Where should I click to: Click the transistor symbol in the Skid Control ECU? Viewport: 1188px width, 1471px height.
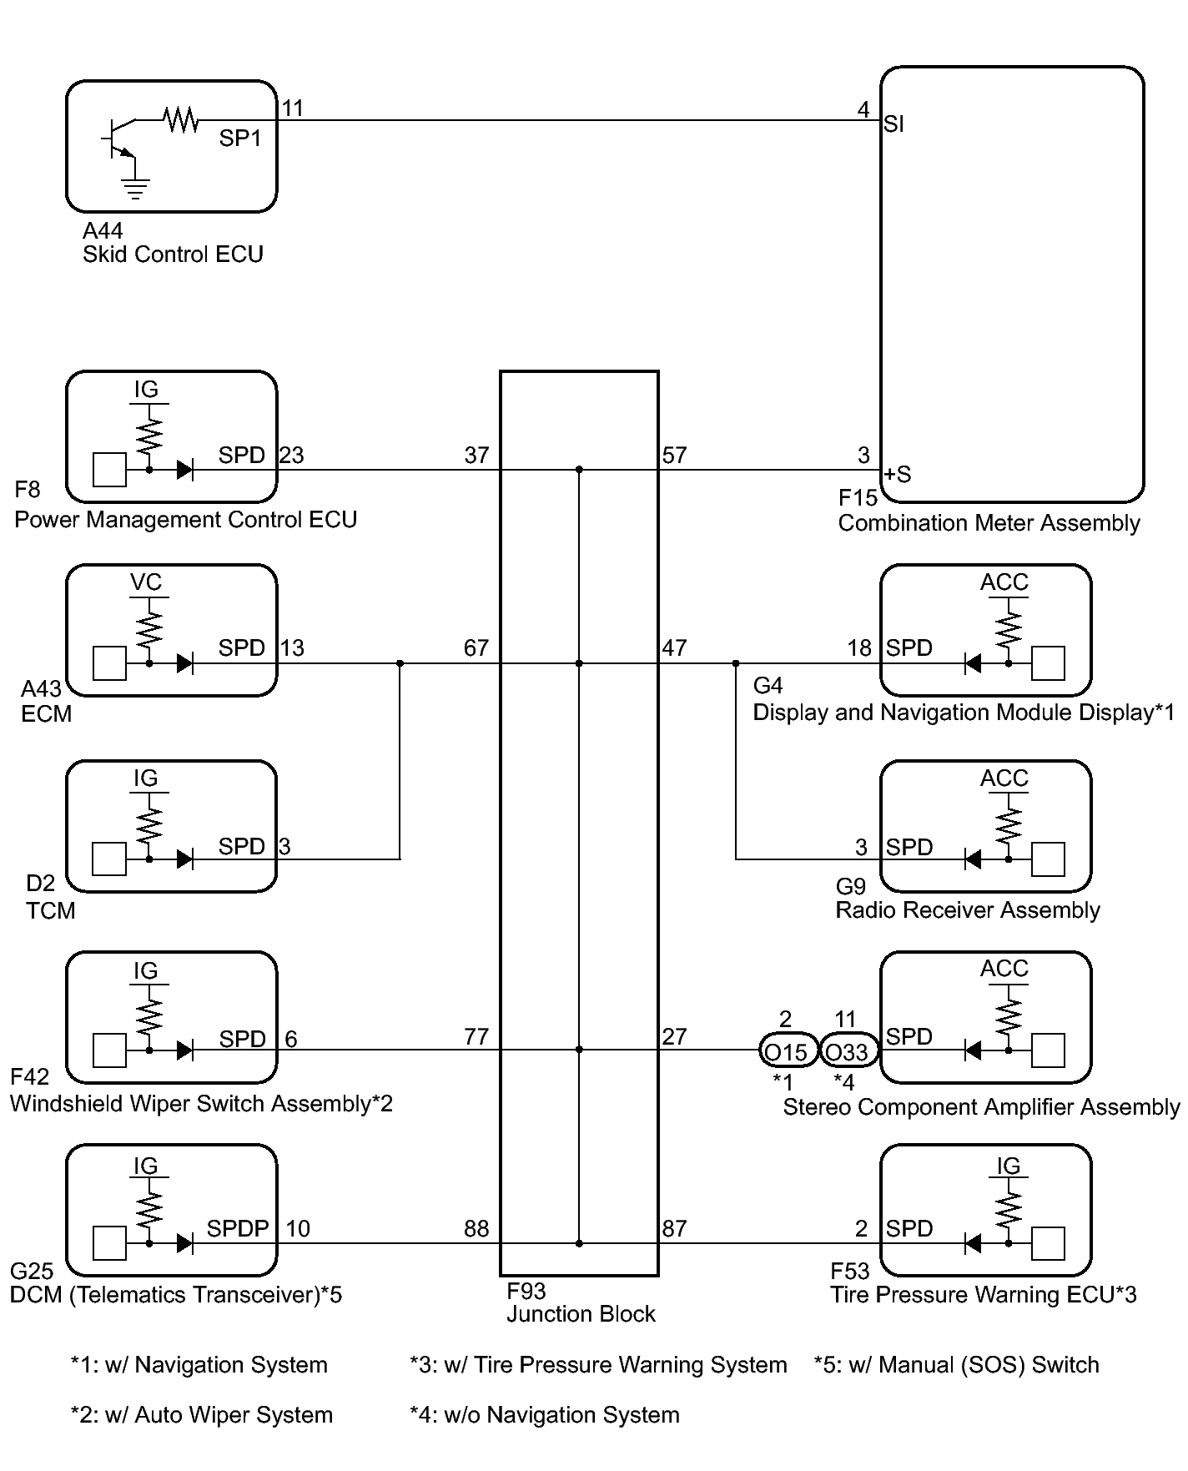[119, 138]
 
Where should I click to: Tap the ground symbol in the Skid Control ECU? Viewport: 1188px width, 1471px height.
[134, 189]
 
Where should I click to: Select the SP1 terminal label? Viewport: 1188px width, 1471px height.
[240, 139]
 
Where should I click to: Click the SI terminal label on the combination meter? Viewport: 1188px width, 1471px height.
[894, 124]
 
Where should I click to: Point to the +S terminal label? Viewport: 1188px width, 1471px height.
[898, 475]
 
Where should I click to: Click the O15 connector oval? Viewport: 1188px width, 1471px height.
[787, 1051]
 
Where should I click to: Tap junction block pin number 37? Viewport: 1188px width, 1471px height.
[476, 456]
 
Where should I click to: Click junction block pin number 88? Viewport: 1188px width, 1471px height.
[476, 1229]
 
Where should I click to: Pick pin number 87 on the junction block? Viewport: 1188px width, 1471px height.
[674, 1229]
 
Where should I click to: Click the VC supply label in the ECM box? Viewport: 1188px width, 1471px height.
[146, 582]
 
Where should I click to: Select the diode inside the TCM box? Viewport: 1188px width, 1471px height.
[185, 859]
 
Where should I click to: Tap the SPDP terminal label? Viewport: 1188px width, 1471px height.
[238, 1229]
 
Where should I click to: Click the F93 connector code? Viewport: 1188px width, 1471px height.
[526, 1292]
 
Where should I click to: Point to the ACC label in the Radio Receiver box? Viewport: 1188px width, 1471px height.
[1004, 778]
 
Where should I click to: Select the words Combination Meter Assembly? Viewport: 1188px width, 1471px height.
[989, 524]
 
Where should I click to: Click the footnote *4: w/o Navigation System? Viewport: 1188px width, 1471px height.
[545, 1415]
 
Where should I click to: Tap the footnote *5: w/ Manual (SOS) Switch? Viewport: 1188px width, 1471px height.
[957, 1365]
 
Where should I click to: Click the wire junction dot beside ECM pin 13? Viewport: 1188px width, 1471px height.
[400, 664]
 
